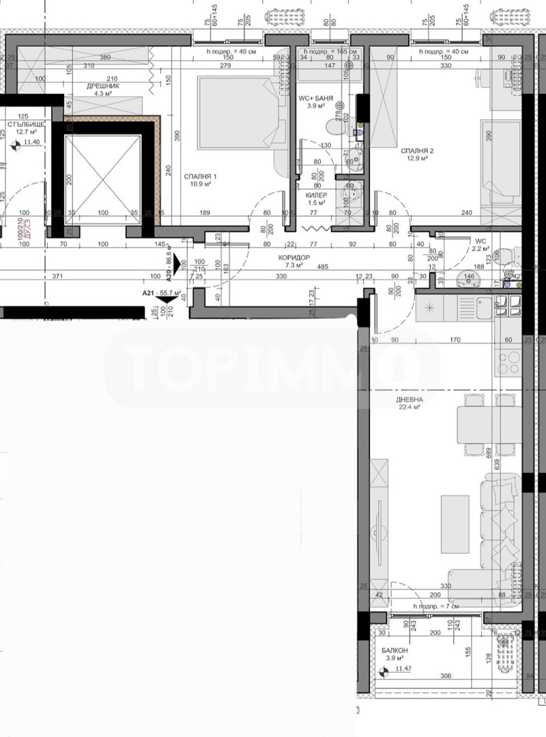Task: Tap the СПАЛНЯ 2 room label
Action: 418,151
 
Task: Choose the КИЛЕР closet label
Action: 315,194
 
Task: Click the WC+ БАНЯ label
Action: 315,99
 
